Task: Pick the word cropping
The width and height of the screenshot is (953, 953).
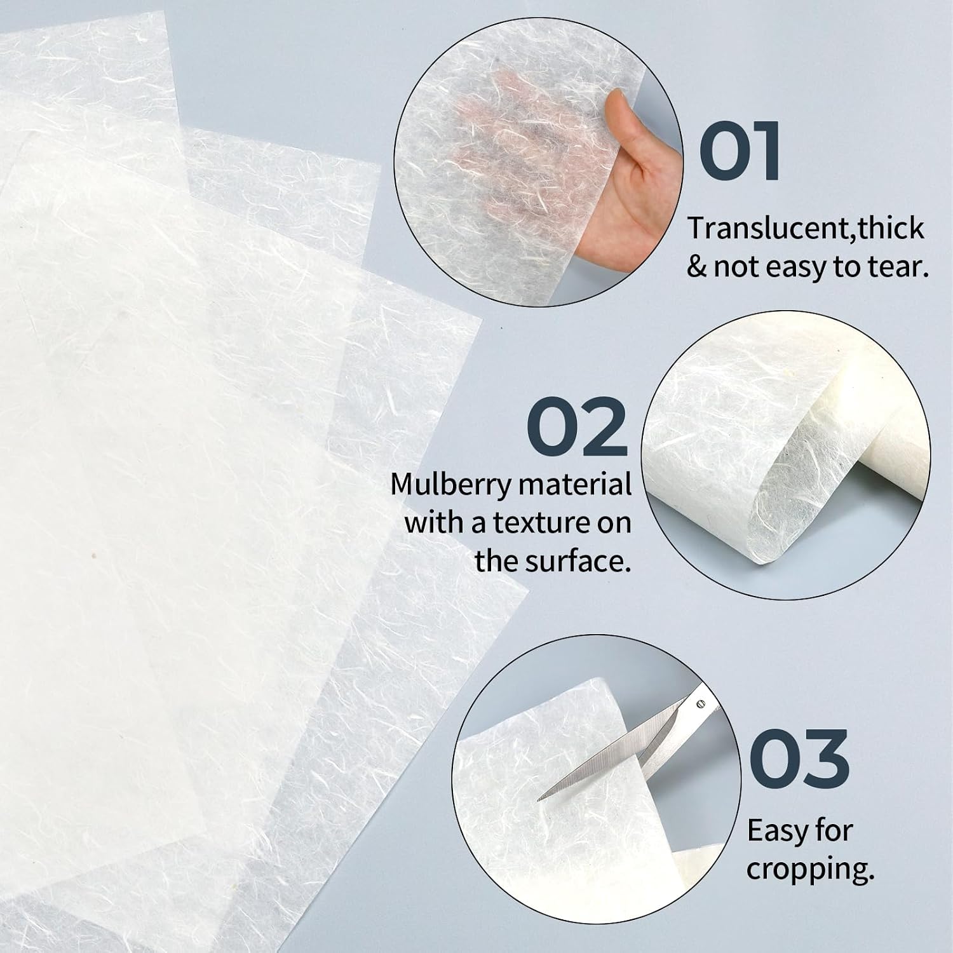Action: pos(810,869)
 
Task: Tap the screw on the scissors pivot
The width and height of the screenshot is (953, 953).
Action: pos(701,704)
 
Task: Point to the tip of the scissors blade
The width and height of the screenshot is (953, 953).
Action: pos(539,799)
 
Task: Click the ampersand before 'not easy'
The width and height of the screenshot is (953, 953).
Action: pos(696,267)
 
